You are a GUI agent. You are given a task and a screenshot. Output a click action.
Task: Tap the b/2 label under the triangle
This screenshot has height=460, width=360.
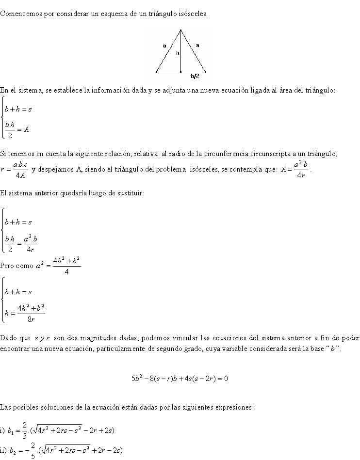195,76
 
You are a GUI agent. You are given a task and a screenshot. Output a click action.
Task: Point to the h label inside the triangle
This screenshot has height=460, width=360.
178,53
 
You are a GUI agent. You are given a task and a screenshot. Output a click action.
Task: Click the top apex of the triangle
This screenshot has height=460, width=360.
181,31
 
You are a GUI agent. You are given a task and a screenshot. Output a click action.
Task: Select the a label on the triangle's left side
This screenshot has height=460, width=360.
164,46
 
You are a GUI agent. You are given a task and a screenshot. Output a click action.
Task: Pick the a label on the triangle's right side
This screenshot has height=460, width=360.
197,45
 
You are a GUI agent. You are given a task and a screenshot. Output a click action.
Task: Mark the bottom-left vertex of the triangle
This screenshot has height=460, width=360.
156,72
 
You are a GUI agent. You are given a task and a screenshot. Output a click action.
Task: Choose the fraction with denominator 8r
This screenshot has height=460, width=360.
31,313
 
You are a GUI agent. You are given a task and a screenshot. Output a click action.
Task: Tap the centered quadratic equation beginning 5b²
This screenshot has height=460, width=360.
180,379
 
